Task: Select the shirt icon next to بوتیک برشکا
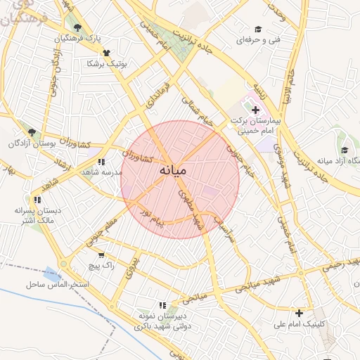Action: [106, 53]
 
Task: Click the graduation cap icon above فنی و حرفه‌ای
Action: [258, 29]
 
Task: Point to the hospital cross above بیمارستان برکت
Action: [255, 110]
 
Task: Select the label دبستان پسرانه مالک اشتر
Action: [34, 216]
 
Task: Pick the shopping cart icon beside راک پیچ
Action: [101, 255]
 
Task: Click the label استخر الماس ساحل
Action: [58, 284]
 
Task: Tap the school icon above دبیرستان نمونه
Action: [163, 305]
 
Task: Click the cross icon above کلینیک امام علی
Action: [300, 313]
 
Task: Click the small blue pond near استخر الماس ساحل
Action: [50, 273]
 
